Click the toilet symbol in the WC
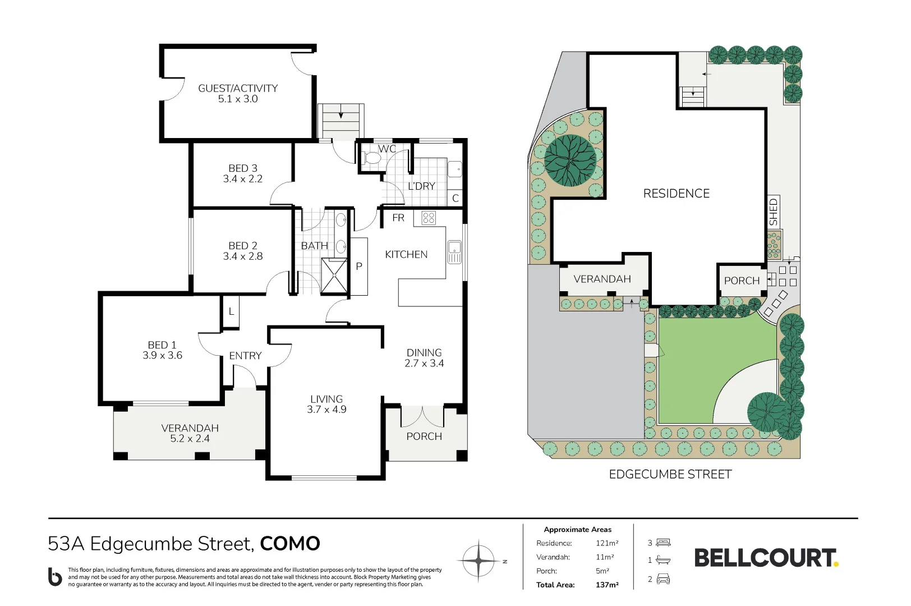click(x=371, y=158)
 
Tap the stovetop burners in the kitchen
click(x=429, y=218)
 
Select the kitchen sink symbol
click(x=454, y=252)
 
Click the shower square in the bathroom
click(x=334, y=276)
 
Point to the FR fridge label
click(x=398, y=218)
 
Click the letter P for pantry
click(x=358, y=267)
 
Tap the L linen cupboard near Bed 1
click(x=231, y=311)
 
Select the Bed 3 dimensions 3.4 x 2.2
click(x=243, y=179)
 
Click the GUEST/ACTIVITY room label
click(x=238, y=88)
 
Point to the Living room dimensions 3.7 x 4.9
click(x=326, y=410)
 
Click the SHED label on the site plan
click(x=773, y=212)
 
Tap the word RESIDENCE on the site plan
click(x=677, y=193)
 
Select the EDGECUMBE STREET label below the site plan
click(x=670, y=474)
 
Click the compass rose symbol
click(x=478, y=561)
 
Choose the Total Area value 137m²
click(x=607, y=585)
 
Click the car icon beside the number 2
click(x=663, y=579)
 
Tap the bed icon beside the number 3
click(x=663, y=543)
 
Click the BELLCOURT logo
click(x=767, y=558)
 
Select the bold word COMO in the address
click(x=290, y=544)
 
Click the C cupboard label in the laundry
click(x=455, y=198)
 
